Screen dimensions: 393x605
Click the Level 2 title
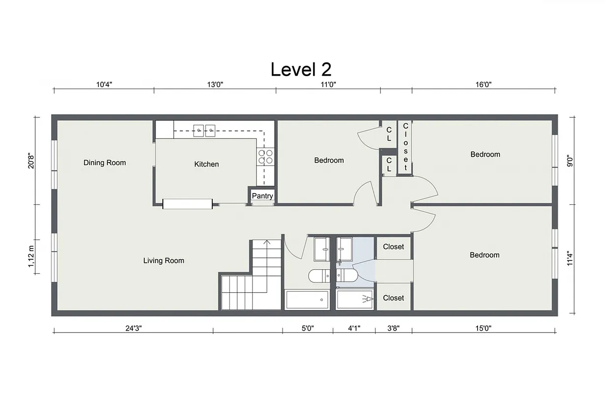click(300, 69)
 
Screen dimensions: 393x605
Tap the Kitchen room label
click(206, 164)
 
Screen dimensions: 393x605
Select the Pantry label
click(262, 196)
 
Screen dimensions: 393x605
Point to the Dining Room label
click(104, 163)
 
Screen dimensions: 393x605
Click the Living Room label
click(163, 260)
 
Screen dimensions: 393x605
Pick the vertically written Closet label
click(406, 146)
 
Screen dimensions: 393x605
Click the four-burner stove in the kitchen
click(266, 157)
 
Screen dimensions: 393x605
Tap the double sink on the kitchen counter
click(204, 130)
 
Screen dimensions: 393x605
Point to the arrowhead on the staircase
click(267, 242)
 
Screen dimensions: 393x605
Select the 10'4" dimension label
click(104, 84)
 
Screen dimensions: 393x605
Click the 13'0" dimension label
click(215, 84)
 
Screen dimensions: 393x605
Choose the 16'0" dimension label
click(483, 84)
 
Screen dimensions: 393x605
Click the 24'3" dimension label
click(133, 328)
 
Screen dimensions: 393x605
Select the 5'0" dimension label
click(307, 328)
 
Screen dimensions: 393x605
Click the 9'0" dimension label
click(571, 160)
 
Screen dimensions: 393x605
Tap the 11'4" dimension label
click(571, 258)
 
